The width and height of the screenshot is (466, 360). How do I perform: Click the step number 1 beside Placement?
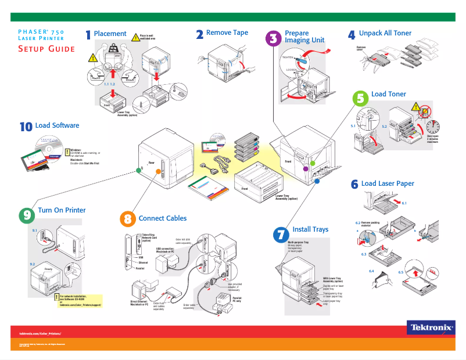tap(88, 35)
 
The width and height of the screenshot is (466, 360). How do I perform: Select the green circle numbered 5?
tap(361, 98)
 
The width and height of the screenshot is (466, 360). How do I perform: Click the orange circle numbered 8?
tap(128, 219)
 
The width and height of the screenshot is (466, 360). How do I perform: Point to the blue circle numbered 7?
tap(281, 234)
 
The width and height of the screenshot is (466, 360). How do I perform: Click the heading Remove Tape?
tap(227, 33)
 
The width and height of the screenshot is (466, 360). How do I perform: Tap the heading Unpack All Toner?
tap(385, 33)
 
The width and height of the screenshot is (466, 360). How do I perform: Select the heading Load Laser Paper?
tap(388, 183)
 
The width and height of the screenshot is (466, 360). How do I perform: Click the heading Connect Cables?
tap(163, 218)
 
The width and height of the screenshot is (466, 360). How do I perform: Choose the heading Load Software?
tap(57, 125)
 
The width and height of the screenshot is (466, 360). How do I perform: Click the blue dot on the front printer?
tap(317, 181)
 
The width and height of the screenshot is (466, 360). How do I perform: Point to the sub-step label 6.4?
tap(371, 271)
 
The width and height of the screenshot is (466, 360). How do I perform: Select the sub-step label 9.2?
tap(33, 264)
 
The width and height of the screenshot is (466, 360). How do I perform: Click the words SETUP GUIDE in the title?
tap(46, 49)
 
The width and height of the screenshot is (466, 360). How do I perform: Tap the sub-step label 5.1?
tap(353, 125)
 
